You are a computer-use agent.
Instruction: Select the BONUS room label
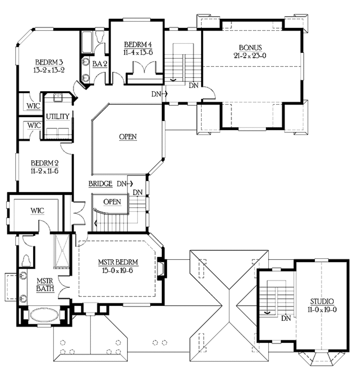point(250,47)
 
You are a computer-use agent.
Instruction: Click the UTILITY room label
point(58,116)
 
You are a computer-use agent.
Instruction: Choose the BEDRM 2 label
point(45,163)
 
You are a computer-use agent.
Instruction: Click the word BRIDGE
point(101,184)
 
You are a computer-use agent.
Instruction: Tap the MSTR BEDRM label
point(118,262)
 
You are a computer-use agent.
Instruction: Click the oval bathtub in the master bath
point(42,315)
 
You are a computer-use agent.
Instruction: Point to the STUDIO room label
point(322,301)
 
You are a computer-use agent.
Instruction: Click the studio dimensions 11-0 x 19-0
point(322,310)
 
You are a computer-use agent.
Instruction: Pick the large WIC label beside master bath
point(37,211)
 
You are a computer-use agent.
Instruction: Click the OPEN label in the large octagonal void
point(128,136)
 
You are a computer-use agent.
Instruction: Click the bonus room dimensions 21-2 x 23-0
point(250,56)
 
